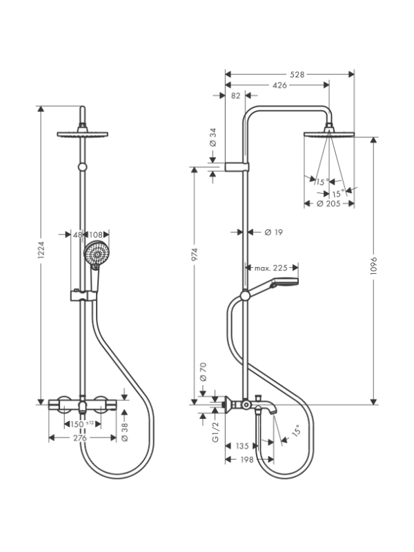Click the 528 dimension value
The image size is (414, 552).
point(297,75)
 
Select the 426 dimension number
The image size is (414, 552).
point(279,85)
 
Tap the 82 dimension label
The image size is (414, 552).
point(235,96)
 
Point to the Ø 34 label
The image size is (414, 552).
point(213,137)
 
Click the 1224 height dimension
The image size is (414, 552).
point(41,250)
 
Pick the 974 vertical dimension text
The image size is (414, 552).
point(195,255)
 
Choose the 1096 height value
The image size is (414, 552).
point(374,266)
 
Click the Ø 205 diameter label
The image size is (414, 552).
point(328,204)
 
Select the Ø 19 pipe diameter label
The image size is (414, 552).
point(273,232)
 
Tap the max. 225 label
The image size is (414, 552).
point(271,268)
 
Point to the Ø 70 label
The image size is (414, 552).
point(203,372)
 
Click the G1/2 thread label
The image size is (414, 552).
point(215,432)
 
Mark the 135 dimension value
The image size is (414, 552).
point(242,446)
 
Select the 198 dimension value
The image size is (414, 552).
point(246,460)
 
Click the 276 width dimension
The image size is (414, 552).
point(79,438)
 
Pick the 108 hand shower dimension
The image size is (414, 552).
point(95,235)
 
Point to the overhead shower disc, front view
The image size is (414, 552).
point(82,134)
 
